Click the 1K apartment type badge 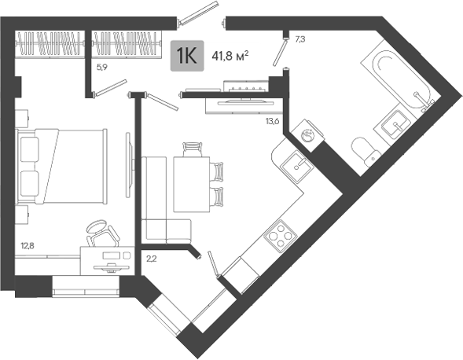(x=187, y=56)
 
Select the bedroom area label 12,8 (x=28, y=245)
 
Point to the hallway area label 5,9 (x=102, y=68)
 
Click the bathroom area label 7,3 (x=299, y=39)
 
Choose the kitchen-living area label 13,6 (x=272, y=121)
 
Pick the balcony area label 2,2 (x=152, y=259)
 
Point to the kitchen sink (x=296, y=166)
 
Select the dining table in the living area (x=192, y=185)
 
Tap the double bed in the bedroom (x=62, y=166)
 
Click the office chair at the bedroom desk (x=102, y=233)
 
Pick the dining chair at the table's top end (x=193, y=149)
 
